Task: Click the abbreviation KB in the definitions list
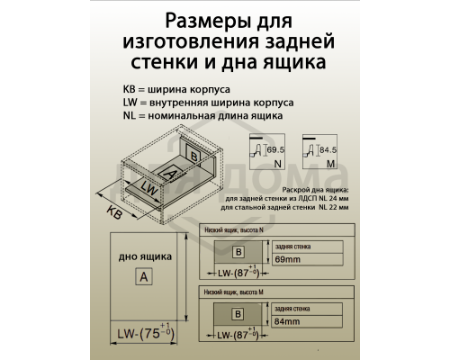[131, 90]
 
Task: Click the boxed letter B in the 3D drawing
[195, 155]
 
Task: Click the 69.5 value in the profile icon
[274, 147]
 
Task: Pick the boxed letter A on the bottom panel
[142, 277]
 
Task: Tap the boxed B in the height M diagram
[238, 314]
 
